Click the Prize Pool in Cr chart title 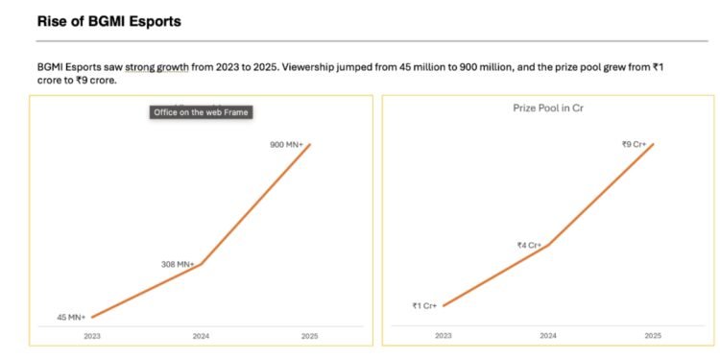coord(548,108)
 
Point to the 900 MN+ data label coord(287,145)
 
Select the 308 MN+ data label coord(178,263)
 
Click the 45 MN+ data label coord(70,317)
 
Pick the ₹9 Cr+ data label coord(636,144)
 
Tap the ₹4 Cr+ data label coord(529,246)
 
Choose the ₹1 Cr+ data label coord(424,305)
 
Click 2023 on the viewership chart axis coord(92,336)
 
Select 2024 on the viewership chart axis coord(201,336)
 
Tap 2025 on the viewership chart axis coord(308,336)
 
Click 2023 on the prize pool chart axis coord(443,336)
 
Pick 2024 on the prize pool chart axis coord(548,336)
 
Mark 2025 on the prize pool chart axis coord(653,336)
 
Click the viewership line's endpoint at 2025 coord(309,145)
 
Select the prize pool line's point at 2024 coord(548,245)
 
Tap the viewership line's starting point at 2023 coord(92,317)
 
